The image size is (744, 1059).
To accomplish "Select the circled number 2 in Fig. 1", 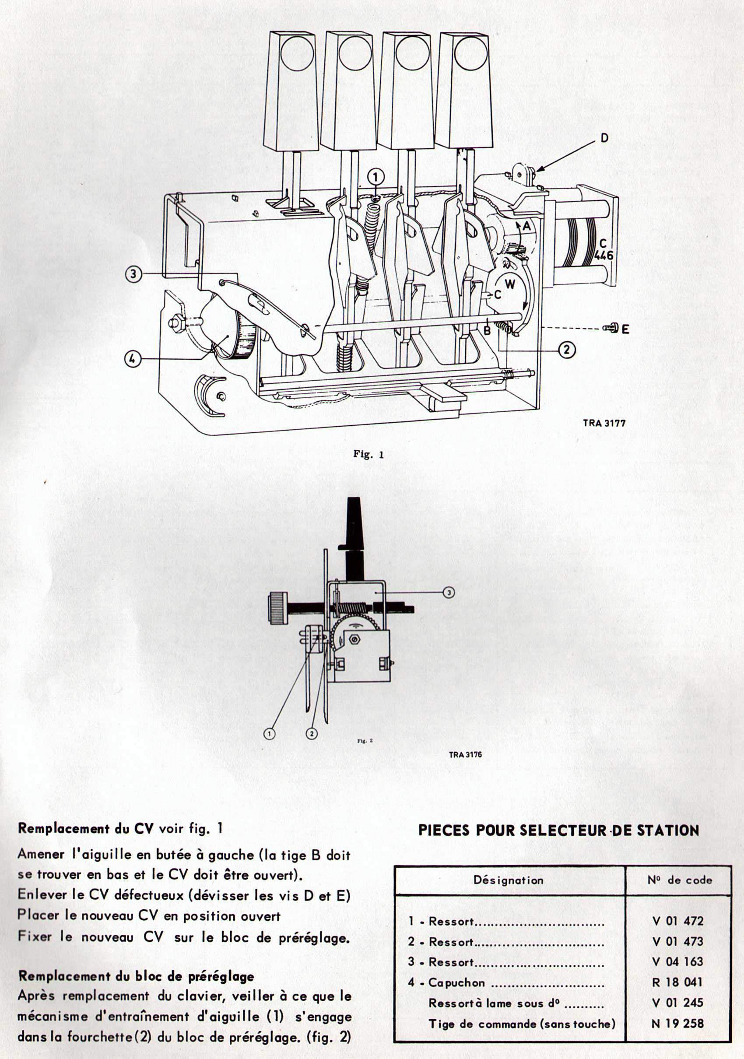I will pos(566,350).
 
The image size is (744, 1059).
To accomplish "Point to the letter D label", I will pos(604,138).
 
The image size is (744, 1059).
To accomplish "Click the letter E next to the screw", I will pos(625,329).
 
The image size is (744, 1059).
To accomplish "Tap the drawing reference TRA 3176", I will pos(465,754).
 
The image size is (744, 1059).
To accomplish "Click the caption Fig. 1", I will pos(368,454).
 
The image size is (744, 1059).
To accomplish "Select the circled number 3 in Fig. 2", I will pos(449,592).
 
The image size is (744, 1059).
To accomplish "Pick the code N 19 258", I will pos(677,1024).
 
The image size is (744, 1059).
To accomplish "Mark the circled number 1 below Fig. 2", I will pos(270,733).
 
